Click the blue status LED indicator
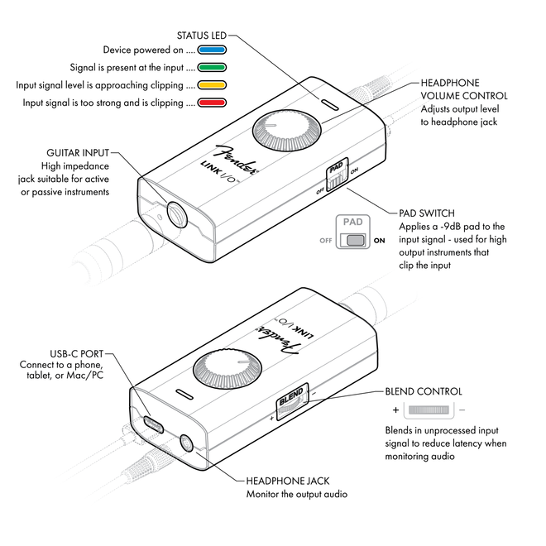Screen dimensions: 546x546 click(214, 50)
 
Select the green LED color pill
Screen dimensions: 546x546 click(214, 68)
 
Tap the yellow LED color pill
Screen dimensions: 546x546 click(214, 85)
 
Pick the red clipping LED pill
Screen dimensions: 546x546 click(214, 103)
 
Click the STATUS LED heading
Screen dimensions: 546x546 click(202, 36)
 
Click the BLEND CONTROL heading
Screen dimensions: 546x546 click(424, 391)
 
